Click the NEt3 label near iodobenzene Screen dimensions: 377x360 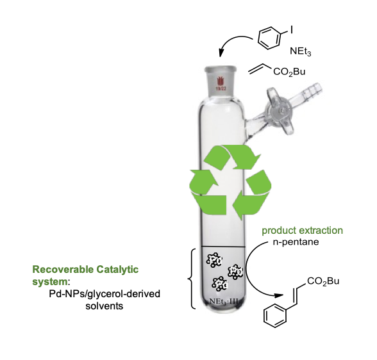(x=300, y=51)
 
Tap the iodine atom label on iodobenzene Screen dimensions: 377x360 (x=292, y=29)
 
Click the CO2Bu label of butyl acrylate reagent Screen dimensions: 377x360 (x=289, y=72)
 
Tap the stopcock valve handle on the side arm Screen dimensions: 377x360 (x=280, y=111)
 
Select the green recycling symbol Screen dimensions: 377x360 (x=230, y=182)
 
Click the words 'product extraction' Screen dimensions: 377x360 (x=302, y=231)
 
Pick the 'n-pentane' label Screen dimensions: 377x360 (x=296, y=242)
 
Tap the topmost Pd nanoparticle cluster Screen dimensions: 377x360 (x=214, y=260)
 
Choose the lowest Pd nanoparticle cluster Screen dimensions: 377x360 (x=219, y=284)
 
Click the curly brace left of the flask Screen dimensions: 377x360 (x=191, y=279)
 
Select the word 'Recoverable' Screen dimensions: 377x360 (x=63, y=269)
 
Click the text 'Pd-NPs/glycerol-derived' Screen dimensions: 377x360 (x=105, y=294)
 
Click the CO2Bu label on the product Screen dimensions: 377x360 (x=323, y=281)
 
